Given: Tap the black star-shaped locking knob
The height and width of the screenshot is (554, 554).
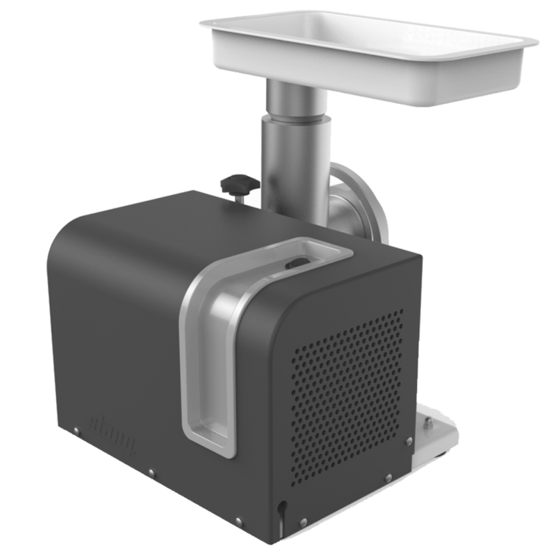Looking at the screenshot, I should [240, 184].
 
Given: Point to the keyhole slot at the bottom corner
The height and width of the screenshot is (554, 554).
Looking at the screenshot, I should [280, 510].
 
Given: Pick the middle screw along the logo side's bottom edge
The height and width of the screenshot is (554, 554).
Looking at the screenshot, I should [151, 474].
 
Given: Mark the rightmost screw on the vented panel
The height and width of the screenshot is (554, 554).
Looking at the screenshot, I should [409, 440].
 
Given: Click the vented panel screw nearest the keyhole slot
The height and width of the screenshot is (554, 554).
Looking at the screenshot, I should [303, 521].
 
